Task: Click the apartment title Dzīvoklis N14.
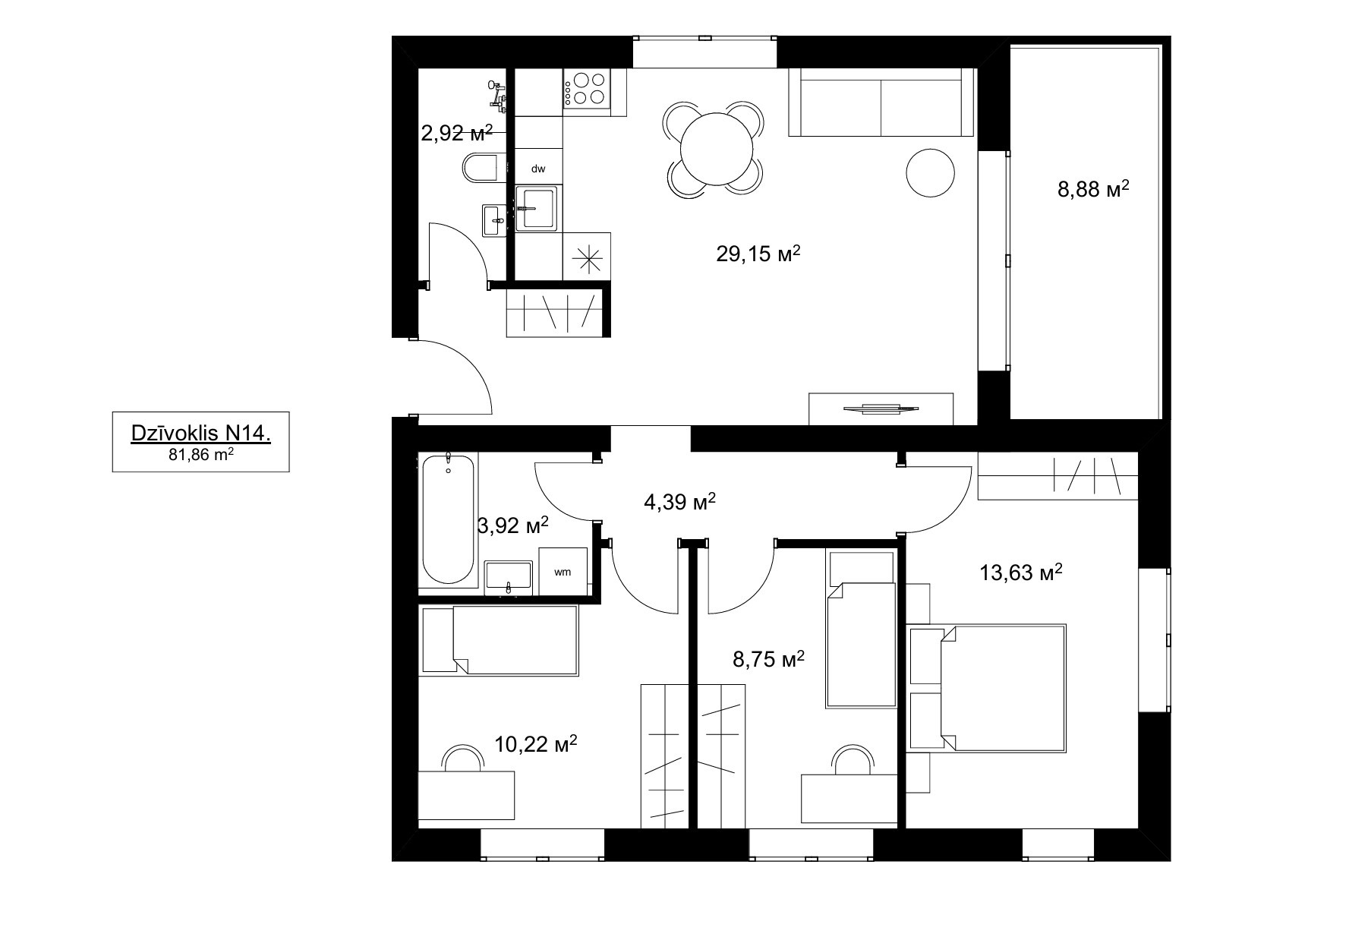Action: coord(201,434)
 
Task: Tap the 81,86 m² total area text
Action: coord(200,455)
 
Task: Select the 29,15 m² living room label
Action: coord(758,254)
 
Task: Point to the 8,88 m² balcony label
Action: coord(1093,188)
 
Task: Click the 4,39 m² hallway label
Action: coord(680,502)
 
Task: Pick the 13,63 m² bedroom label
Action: coord(1021,572)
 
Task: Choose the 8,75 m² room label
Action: coord(768,659)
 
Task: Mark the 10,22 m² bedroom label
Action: coord(536,743)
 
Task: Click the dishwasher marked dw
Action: coord(538,169)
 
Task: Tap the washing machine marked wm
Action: coord(563,572)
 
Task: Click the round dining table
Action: coord(717,149)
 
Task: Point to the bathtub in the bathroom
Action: coord(448,519)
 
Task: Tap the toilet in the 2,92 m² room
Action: coord(481,168)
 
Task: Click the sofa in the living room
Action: coord(881,103)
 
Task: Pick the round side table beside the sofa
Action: coord(930,172)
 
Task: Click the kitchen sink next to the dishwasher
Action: coord(538,208)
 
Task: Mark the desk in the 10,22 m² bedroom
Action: coord(467,795)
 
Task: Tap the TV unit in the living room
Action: coord(881,409)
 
